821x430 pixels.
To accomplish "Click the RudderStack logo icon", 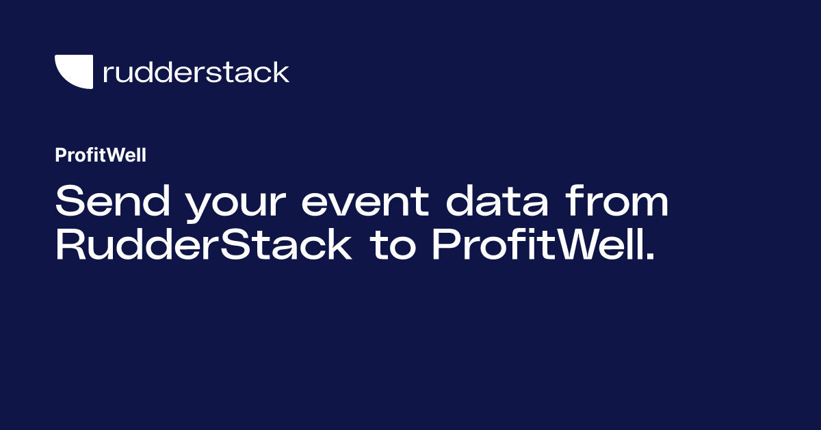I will pos(73,71).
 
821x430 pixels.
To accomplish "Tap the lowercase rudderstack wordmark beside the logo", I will pos(196,72).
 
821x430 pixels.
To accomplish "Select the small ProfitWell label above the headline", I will pos(101,156).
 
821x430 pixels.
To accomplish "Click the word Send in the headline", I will pos(105,203).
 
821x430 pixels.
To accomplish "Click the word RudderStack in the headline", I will pos(204,246).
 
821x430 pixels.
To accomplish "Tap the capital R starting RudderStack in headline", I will pos(69,246).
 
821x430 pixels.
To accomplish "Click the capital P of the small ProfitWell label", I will pos(60,156).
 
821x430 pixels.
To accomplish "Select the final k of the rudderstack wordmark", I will pos(281,72).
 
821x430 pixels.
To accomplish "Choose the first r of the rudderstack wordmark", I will pos(107,74).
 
